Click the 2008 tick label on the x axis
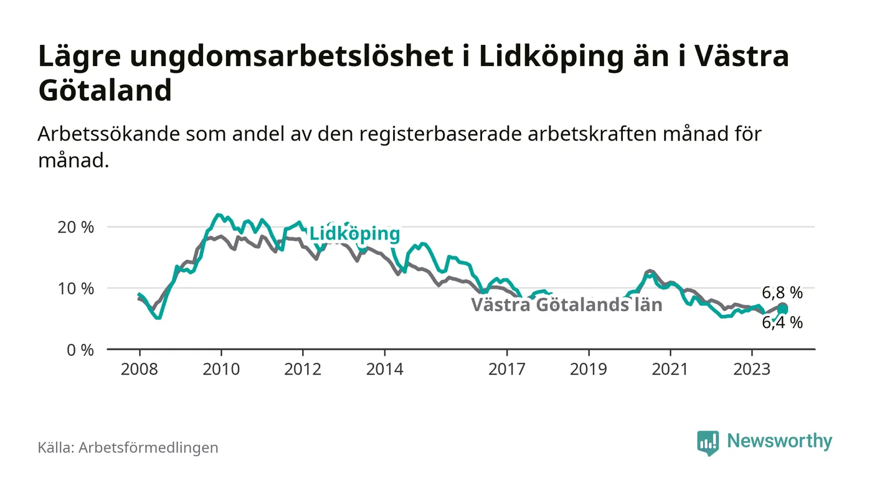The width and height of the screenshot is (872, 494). (140, 369)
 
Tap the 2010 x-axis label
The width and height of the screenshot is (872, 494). (221, 369)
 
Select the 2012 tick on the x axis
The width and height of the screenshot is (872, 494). (303, 369)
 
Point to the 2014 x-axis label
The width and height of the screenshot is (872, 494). (384, 369)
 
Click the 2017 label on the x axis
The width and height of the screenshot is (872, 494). (507, 369)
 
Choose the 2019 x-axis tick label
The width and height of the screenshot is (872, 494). (589, 369)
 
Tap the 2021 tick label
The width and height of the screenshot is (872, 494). (670, 369)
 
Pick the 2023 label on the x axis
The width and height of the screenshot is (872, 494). (752, 369)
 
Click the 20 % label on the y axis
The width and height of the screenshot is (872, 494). (75, 227)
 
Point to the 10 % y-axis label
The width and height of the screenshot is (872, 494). (75, 289)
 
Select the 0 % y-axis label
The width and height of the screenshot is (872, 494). (80, 350)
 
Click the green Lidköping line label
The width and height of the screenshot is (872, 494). (354, 234)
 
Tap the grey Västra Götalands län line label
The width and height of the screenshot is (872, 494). (566, 305)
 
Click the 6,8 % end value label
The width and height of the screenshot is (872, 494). (782, 293)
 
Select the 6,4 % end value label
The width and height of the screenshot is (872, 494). (782, 322)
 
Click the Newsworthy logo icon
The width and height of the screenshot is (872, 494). (708, 443)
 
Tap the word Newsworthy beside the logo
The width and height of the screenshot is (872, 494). (779, 441)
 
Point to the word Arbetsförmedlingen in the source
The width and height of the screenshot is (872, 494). (148, 447)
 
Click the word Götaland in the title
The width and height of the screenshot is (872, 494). (105, 91)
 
